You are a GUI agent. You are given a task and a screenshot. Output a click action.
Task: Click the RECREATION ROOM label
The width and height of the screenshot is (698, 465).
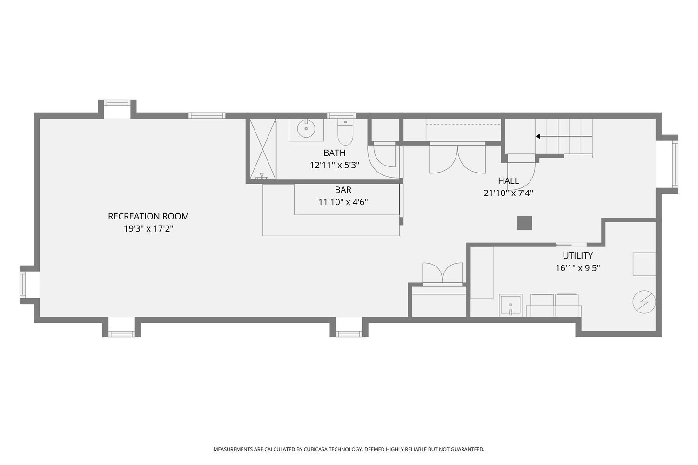pos(148,216)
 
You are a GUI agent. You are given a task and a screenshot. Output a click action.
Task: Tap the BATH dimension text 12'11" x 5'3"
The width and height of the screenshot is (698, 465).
pos(335,165)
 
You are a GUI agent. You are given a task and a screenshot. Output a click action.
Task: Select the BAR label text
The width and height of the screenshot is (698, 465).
pos(343,190)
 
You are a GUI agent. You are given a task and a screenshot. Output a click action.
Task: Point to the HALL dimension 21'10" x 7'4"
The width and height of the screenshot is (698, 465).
pos(508,193)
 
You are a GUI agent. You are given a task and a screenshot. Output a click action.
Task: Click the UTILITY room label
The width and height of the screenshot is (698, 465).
pos(577,256)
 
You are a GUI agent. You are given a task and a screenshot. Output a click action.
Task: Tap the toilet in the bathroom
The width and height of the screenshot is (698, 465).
pos(345,133)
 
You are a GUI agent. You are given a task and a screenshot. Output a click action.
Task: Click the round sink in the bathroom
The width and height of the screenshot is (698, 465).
pos(306,129)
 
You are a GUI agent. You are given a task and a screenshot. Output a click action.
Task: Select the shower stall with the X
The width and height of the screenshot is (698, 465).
pos(262,149)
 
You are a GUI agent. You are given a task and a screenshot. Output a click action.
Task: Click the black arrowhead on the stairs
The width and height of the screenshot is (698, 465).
pos(538,136)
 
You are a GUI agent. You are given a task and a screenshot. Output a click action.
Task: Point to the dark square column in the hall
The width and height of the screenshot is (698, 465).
pos(524,223)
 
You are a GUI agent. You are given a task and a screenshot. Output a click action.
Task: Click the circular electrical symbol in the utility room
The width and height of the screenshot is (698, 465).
pos(644,302)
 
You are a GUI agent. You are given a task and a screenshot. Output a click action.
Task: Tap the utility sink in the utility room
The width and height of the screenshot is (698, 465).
pos(510,305)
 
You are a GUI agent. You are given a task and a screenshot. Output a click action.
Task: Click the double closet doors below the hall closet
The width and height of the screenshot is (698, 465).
pos(457,159)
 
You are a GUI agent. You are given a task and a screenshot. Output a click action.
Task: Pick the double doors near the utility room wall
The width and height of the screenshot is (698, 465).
pos(442,273)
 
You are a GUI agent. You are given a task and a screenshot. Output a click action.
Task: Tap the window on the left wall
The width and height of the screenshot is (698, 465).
pos(23,285)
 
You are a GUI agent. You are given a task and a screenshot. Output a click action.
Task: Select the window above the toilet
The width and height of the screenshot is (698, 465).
pos(341,115)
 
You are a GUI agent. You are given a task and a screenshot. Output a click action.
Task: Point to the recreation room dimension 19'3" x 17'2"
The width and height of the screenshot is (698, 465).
pos(148,229)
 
